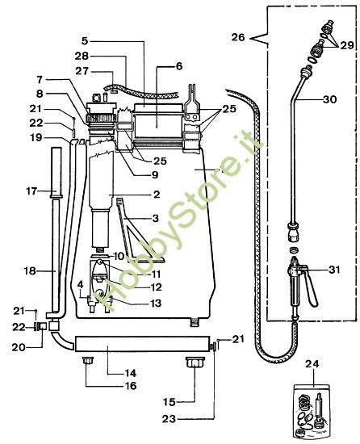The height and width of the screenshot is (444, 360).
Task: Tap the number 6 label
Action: click(179, 66)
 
